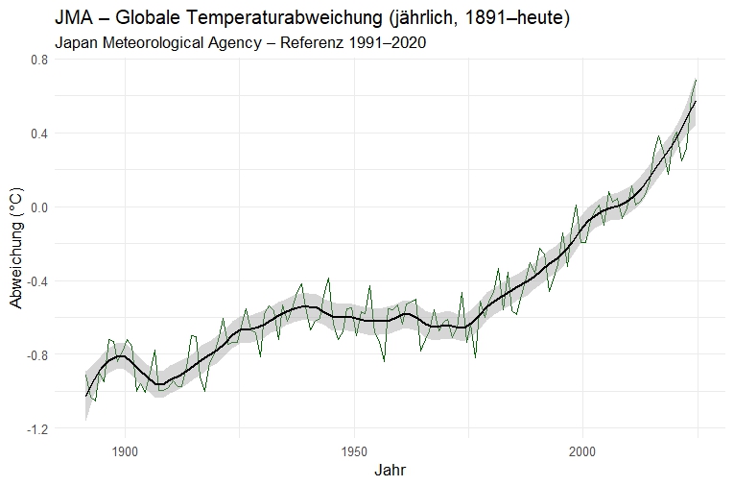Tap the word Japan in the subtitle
[x=76, y=43]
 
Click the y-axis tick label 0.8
[x=38, y=60]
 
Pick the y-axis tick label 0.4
[x=38, y=134]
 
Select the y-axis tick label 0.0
[x=38, y=207]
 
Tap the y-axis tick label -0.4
[x=36, y=281]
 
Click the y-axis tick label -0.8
[x=36, y=355]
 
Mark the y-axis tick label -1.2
[x=36, y=429]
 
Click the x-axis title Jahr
[x=389, y=472]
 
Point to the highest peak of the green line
[x=695, y=80]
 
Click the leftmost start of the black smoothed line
[x=85, y=396]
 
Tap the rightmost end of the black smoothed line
[x=695, y=101]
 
